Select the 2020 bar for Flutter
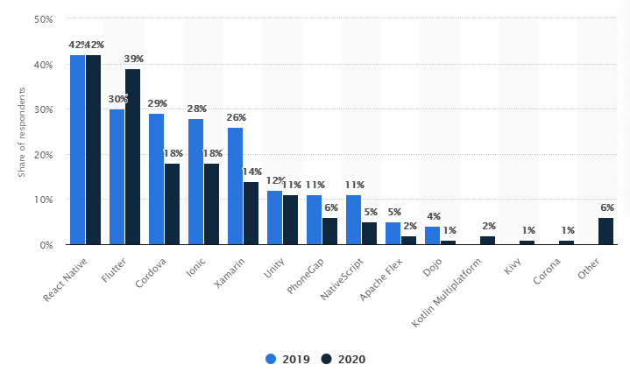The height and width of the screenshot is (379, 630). (x=132, y=157)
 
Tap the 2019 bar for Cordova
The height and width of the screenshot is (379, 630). (x=156, y=179)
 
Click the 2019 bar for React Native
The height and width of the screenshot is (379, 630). (x=77, y=150)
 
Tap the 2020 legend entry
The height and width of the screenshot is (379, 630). (x=343, y=359)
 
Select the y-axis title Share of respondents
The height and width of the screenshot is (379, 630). (x=21, y=132)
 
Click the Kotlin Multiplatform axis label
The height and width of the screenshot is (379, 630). (x=459, y=291)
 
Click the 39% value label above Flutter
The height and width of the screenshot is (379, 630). (x=134, y=59)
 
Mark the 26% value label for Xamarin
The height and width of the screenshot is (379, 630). (x=236, y=117)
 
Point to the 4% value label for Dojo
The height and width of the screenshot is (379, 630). (x=433, y=216)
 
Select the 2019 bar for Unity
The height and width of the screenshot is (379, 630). (x=274, y=218)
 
